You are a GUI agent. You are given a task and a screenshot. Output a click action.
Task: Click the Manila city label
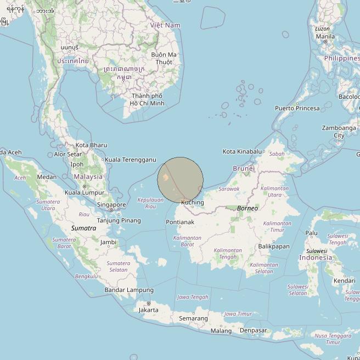point(325,37)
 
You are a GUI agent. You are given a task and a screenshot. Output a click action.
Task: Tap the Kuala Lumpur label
point(85,193)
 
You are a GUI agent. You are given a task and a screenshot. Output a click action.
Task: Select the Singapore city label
point(111,205)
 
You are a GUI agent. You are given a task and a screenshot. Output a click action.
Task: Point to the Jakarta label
point(148,310)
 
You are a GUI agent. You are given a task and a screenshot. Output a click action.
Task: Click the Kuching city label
point(192,203)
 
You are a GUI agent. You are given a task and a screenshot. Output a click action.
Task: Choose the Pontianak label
point(180,222)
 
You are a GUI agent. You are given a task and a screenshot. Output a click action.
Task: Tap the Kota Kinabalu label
point(242,151)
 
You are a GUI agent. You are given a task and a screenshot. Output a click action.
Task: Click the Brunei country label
point(244,168)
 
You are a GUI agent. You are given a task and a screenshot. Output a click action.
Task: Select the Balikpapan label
point(273,246)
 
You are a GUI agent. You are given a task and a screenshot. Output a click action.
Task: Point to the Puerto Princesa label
point(297,108)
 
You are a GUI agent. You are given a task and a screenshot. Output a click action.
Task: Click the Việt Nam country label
point(165,25)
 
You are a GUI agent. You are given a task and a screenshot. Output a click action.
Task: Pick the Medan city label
point(47,177)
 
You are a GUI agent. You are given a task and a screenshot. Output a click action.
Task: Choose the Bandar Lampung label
point(129,290)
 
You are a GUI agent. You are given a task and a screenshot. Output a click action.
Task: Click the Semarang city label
point(193,318)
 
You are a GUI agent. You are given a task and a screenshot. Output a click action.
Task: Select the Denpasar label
point(253,330)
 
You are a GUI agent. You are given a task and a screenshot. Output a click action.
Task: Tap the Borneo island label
point(247,209)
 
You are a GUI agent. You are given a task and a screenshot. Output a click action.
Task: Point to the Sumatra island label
point(83,228)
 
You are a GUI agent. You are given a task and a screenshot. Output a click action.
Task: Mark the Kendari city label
point(344,281)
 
